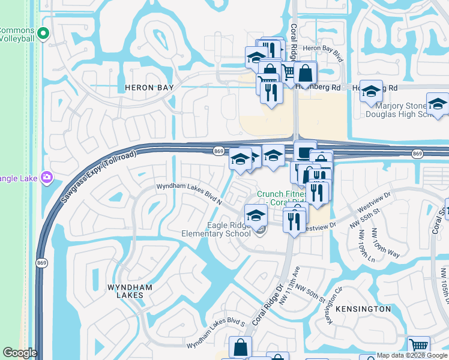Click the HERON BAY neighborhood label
coord(149,88)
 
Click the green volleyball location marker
coord(43,34)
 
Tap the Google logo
coord(19,353)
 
